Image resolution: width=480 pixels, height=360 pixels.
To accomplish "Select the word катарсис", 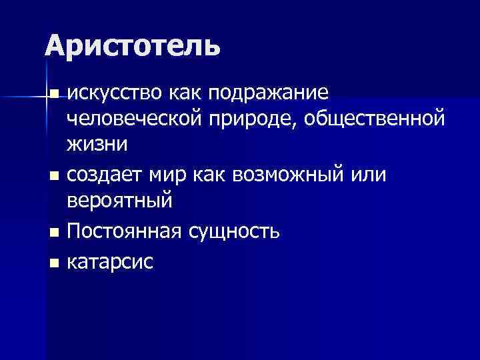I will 110,262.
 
